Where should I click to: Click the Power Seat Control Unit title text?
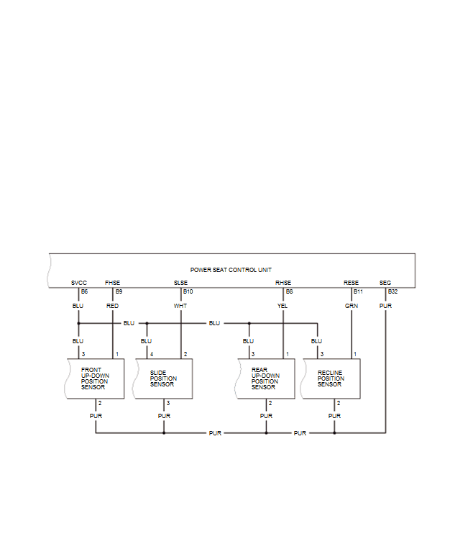231,269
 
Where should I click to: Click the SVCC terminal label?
79,283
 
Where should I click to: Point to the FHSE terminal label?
113,283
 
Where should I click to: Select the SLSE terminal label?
180,283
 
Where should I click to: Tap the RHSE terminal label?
283,283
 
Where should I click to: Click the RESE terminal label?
351,283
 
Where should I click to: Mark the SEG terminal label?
385,283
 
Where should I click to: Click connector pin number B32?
392,291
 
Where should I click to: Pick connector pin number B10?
188,291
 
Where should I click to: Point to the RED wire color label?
113,306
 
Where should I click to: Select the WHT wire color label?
180,306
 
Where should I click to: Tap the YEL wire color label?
283,306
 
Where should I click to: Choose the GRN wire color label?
351,306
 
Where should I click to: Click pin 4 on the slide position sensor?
150,354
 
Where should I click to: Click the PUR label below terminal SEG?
385,306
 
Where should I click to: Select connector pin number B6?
84,291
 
